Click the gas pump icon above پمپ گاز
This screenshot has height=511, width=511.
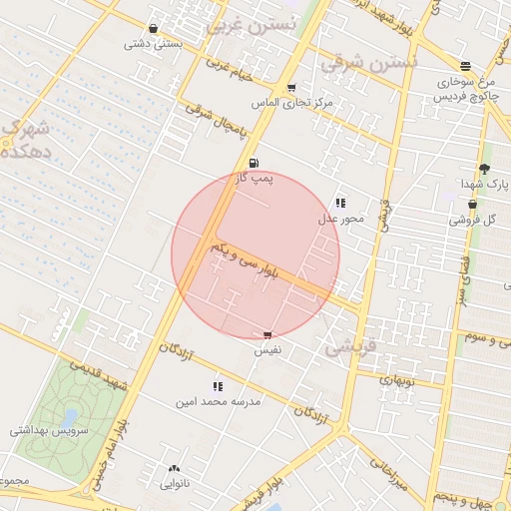tap(253, 163)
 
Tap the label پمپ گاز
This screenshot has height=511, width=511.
tap(254, 179)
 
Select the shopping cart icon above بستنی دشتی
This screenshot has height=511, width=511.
tap(153, 29)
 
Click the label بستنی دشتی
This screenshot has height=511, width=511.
tap(153, 44)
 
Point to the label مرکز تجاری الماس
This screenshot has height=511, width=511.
tap(291, 103)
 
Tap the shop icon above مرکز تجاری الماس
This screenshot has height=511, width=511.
tap(291, 88)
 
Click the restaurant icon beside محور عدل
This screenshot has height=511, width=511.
tap(340, 203)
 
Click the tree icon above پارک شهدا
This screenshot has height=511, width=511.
tap(484, 170)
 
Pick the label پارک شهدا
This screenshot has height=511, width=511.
tap(485, 186)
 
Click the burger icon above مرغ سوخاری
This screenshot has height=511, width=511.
tap(466, 66)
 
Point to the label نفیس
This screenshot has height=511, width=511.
tap(266, 351)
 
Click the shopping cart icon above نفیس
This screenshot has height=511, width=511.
tap(266, 336)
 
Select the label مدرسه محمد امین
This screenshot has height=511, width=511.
tap(218, 402)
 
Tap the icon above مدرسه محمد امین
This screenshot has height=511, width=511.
tap(218, 386)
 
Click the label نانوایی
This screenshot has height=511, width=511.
tap(176, 484)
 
